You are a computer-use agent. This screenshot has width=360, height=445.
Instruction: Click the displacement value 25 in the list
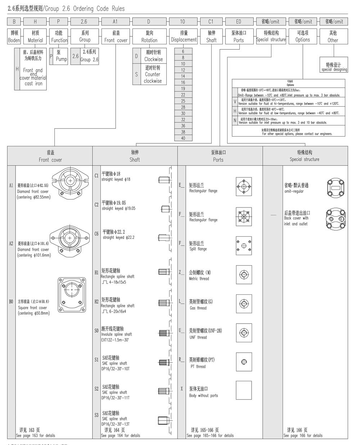[183, 101]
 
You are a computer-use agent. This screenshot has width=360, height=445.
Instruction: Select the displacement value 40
[183, 138]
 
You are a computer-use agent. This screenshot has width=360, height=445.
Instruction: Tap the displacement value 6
[183, 52]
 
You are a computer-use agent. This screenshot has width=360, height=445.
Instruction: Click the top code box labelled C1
[211, 22]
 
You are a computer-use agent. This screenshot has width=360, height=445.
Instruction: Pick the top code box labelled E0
[238, 22]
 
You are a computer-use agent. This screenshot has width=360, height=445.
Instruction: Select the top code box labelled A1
[115, 22]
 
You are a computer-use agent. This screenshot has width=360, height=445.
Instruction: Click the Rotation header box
[149, 36]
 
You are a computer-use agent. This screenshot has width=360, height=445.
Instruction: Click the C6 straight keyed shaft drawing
[164, 237]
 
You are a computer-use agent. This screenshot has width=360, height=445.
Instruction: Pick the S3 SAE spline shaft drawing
[164, 420]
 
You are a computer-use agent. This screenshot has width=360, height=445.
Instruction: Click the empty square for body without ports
[244, 391]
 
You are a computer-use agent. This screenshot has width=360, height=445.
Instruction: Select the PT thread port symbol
[244, 362]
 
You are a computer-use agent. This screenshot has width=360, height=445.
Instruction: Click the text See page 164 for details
[120, 436]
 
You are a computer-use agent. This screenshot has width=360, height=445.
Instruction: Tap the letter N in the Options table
[235, 120]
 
